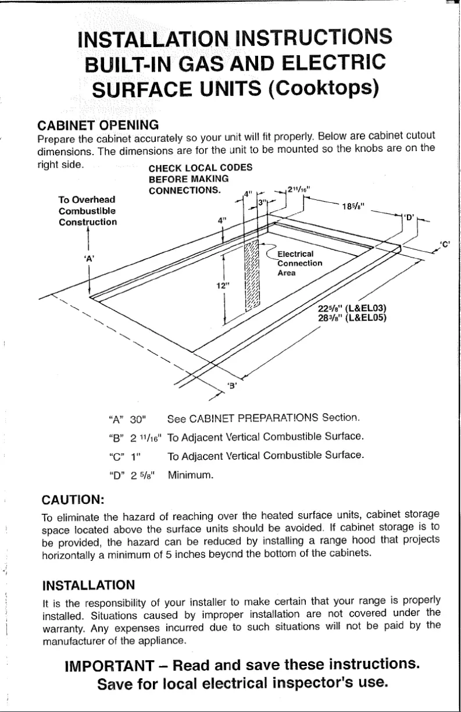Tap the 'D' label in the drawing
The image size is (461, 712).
click(x=409, y=217)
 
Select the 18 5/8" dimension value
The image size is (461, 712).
click(x=351, y=209)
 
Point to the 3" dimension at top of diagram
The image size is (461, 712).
click(x=262, y=203)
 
